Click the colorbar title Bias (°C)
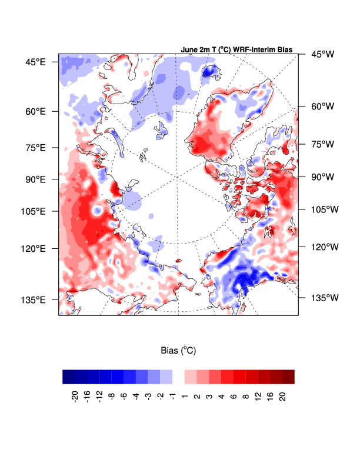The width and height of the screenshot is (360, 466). (178, 350)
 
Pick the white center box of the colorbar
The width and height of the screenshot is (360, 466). (178, 377)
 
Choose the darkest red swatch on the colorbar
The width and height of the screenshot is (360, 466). (288, 377)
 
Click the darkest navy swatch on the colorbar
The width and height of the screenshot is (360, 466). (68, 377)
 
